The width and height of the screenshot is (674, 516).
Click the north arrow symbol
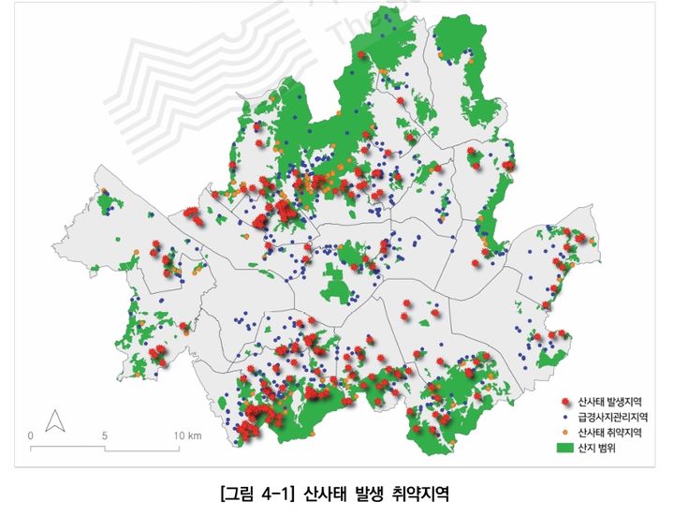tap(55, 420)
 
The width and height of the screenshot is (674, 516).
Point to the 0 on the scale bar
tap(31, 435)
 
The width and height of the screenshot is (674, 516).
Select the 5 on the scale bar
tap(105, 435)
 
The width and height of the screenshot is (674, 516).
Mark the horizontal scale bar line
tap(105, 448)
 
